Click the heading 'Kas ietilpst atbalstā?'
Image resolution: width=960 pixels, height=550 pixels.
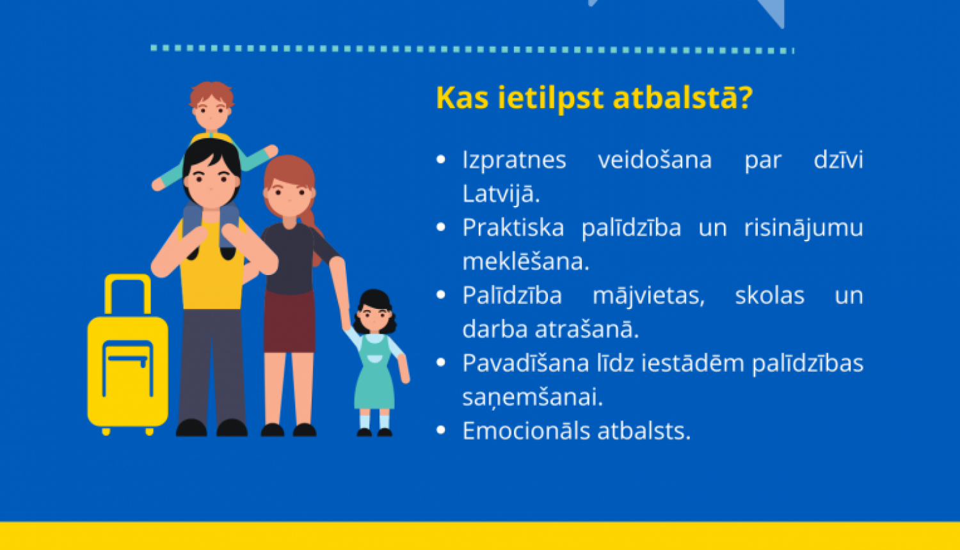(x=594, y=98)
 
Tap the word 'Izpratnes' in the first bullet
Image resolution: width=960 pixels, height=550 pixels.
(x=514, y=160)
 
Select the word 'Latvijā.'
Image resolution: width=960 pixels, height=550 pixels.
(x=501, y=194)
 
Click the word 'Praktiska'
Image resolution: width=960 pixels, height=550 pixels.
(x=513, y=228)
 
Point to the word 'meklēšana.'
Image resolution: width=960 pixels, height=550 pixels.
(x=525, y=262)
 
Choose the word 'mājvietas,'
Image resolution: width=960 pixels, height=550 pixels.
(x=648, y=295)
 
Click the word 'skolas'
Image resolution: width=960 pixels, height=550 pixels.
(x=769, y=295)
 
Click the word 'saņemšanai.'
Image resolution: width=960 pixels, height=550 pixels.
(x=532, y=397)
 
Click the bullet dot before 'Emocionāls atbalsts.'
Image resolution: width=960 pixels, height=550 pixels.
(x=440, y=430)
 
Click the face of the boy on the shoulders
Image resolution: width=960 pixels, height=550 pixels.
(x=211, y=114)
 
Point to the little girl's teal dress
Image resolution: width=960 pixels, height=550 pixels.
(x=375, y=377)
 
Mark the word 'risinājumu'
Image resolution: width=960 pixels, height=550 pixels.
(x=803, y=228)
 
